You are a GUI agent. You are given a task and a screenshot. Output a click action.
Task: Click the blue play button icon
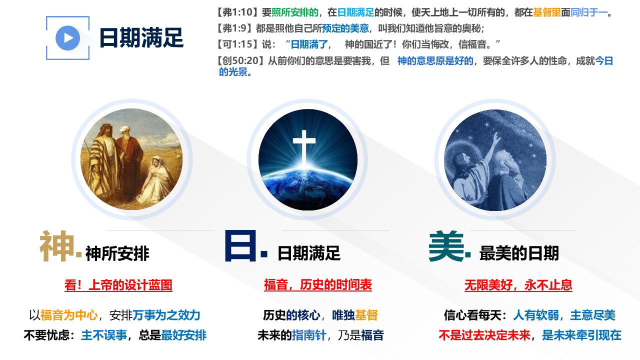point(67,38)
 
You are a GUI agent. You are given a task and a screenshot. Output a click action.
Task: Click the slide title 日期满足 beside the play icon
point(141,37)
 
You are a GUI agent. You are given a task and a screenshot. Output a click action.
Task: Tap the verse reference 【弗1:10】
point(237,12)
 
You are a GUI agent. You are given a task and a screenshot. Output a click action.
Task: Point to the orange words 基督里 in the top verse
point(547,12)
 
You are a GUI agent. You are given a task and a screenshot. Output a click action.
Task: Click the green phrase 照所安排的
point(294,12)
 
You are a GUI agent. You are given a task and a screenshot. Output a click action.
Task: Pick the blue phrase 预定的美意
point(345,28)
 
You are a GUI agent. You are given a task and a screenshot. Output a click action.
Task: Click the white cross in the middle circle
point(304,145)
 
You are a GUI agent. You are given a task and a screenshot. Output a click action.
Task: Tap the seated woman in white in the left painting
point(156,178)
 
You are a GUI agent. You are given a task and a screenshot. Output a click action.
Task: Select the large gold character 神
point(57,246)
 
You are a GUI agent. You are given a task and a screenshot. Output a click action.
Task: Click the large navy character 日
point(240,246)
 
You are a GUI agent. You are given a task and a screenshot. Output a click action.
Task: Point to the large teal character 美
point(446,246)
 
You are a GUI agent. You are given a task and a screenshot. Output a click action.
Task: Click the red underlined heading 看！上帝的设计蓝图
point(118,285)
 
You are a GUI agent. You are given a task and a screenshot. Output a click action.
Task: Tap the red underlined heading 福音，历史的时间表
point(317,285)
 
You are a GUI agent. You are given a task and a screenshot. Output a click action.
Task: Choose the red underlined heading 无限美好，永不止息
point(518,285)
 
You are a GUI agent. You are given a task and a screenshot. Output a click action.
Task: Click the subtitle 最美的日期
point(519,253)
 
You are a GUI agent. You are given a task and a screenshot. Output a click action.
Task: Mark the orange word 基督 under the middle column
point(366,315)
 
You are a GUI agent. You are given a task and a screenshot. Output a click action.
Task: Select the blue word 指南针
point(309,335)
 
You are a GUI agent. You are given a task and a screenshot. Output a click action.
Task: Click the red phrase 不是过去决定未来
point(484,335)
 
